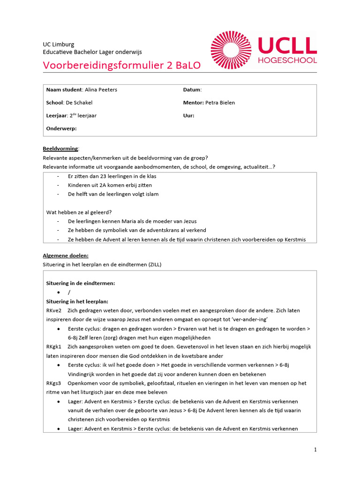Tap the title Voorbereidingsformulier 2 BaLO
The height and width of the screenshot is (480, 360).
click(x=121, y=65)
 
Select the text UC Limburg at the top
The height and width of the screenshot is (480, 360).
click(x=59, y=45)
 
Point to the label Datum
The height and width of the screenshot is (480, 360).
click(x=192, y=90)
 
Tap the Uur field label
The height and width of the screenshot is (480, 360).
click(x=188, y=115)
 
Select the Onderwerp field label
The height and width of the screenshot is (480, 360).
click(x=61, y=128)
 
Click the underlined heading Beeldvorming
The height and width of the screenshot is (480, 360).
click(x=60, y=149)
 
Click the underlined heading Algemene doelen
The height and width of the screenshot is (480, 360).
click(x=66, y=255)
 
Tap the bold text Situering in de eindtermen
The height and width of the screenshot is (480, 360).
click(x=80, y=283)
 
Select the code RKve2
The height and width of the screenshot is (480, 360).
click(x=54, y=310)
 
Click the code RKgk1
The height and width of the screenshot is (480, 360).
click(x=54, y=347)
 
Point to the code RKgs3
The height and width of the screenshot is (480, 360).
click(x=54, y=383)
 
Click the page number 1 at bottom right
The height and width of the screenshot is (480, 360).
click(x=315, y=450)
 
